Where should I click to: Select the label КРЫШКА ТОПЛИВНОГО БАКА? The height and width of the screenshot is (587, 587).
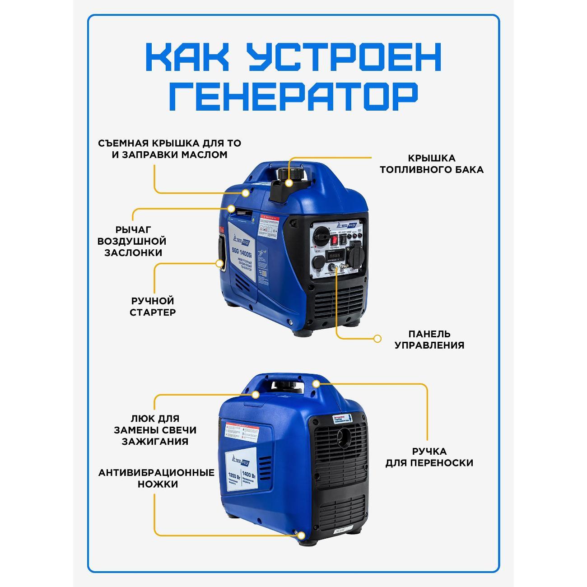click(x=431, y=164)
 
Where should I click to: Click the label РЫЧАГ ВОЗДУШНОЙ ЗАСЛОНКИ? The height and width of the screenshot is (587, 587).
click(x=132, y=241)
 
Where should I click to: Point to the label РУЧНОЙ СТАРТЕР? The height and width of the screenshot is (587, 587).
click(x=153, y=306)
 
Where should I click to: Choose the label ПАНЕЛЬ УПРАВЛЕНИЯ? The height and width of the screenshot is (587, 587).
click(x=429, y=340)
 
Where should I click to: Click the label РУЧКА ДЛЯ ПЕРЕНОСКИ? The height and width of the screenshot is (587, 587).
click(x=429, y=457)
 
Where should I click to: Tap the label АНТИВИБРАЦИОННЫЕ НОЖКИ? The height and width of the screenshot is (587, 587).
click(x=156, y=478)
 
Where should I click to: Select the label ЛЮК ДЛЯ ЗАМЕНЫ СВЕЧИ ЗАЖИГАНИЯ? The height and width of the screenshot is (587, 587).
click(x=155, y=430)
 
